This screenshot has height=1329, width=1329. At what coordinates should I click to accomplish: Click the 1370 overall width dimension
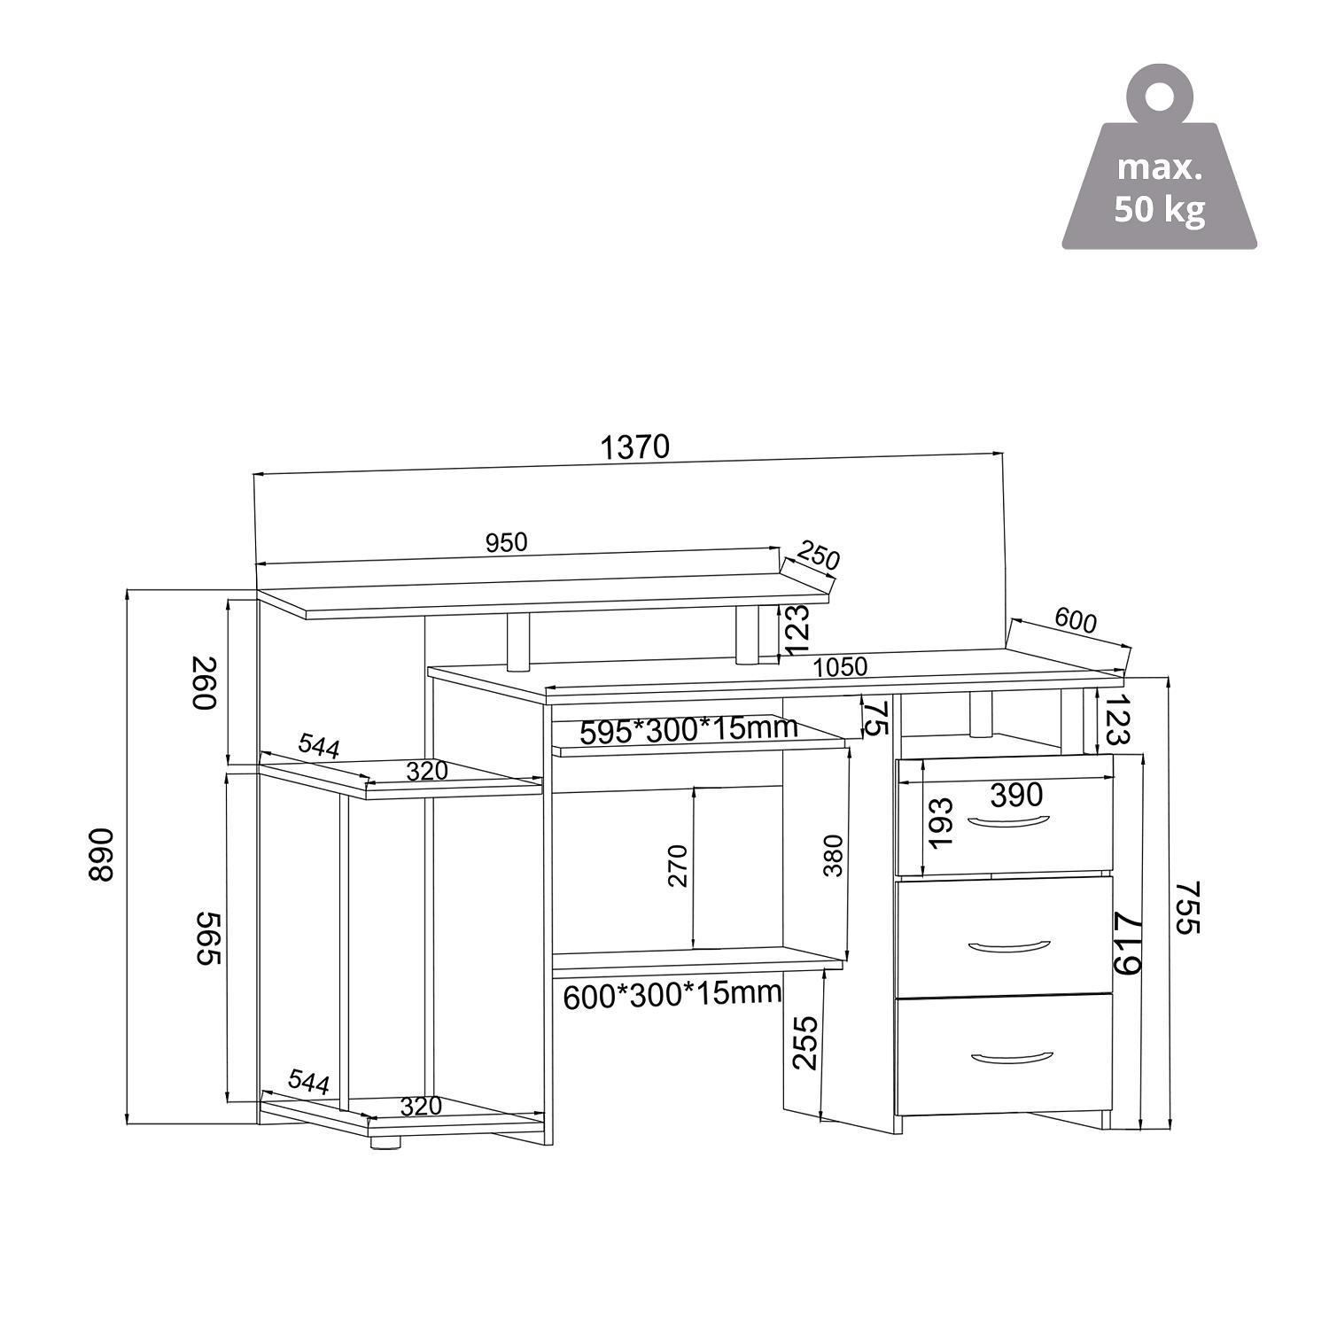tap(634, 447)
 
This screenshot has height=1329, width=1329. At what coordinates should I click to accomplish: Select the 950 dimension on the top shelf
tap(506, 542)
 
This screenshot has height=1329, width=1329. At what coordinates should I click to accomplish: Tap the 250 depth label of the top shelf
tap(817, 557)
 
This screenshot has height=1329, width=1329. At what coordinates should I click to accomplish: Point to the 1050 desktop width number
tap(840, 667)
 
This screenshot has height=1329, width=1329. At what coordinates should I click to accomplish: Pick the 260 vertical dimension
tap(204, 682)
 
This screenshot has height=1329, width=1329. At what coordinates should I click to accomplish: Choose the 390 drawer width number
tap(1016, 795)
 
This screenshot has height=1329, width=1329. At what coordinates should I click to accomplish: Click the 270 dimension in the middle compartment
tap(677, 866)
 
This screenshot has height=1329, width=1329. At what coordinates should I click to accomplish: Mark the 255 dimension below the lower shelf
tap(805, 1042)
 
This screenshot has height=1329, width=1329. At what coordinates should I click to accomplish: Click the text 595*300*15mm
tap(688, 730)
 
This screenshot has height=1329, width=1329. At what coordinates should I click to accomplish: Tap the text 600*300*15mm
tap(672, 995)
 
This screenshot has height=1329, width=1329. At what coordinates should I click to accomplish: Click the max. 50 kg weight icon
tap(1159, 169)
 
